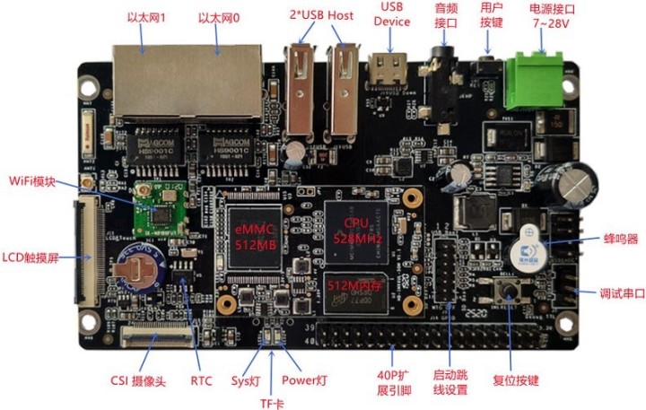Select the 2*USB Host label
320,15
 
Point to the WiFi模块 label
33,180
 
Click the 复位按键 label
516,380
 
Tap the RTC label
202,380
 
